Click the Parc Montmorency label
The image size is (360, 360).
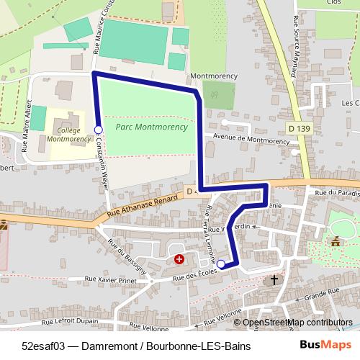click(x=150, y=127)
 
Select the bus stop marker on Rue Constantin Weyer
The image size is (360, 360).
click(x=99, y=130)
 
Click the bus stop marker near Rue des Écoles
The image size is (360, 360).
click(x=221, y=264)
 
